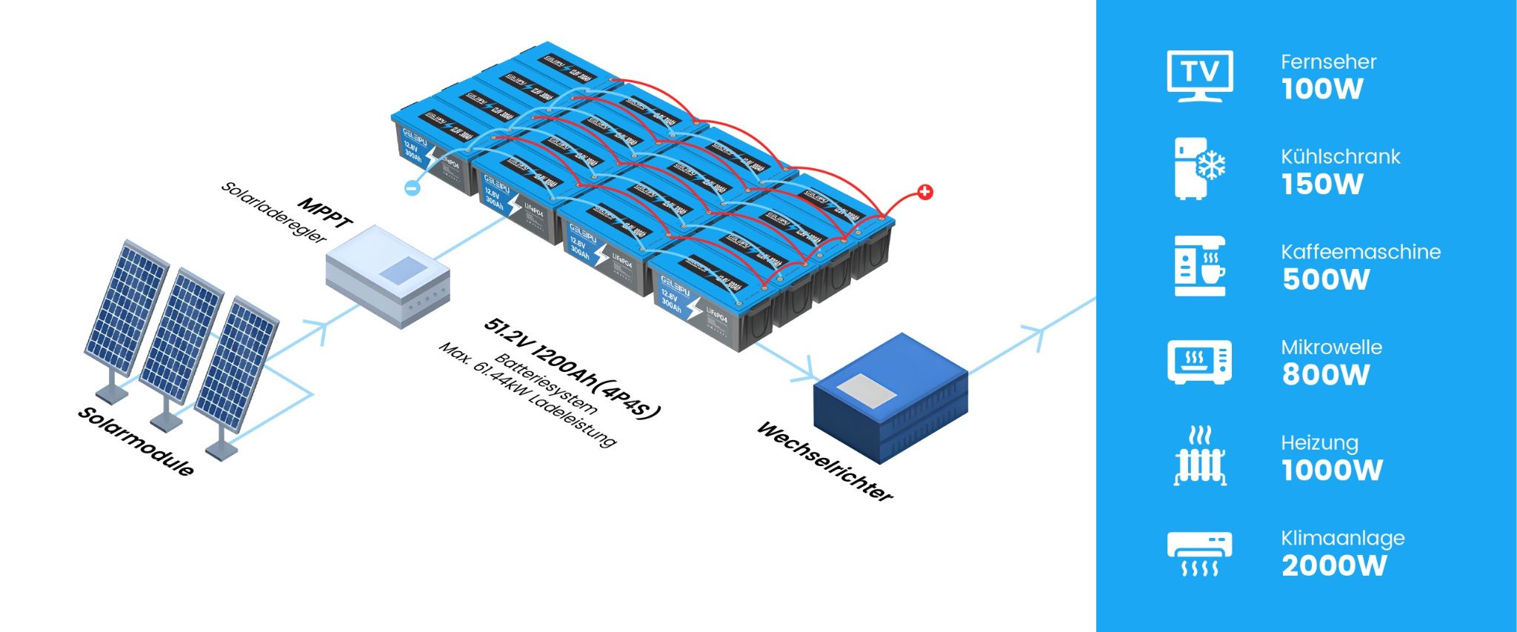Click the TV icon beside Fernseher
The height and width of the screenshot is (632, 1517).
click(1199, 76)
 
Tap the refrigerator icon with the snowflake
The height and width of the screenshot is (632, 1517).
click(1199, 168)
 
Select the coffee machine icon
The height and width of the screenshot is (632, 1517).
click(1200, 266)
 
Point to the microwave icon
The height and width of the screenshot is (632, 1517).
click(1199, 362)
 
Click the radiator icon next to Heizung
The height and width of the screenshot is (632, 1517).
click(1199, 456)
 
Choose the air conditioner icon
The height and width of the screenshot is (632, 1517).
click(1199, 553)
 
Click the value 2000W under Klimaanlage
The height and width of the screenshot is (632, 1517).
click(1334, 566)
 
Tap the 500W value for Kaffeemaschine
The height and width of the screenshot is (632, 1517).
click(1326, 280)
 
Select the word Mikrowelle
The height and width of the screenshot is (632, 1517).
click(1331, 347)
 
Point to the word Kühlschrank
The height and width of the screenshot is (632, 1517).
click(1340, 156)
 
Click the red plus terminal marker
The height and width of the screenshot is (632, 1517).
click(924, 193)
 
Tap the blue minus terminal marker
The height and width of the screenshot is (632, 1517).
click(413, 188)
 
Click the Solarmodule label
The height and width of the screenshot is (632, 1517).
click(136, 442)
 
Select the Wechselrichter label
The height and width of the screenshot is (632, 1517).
click(824, 462)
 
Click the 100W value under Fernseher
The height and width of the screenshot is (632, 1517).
click(1322, 89)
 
